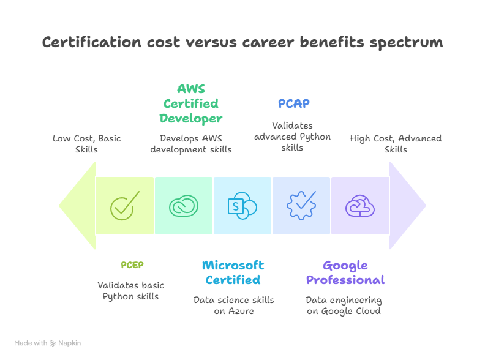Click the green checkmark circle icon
pos(124,206)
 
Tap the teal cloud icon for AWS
pos(184,206)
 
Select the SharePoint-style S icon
pos(242,206)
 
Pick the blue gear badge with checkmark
pos(301,206)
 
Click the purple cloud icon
pos(360,206)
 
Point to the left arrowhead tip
pos(61,206)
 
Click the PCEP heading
pos(132,265)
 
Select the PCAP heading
pos(294,103)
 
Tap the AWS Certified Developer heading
pos(190,103)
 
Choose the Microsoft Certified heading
pos(233,272)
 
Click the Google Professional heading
pos(345,272)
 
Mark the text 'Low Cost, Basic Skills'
pos(86,144)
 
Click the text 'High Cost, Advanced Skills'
pos(396,144)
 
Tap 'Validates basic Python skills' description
pos(130,291)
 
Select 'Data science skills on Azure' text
pos(233,306)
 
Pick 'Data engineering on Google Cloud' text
pos(344,306)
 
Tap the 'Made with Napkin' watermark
pos(48,343)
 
